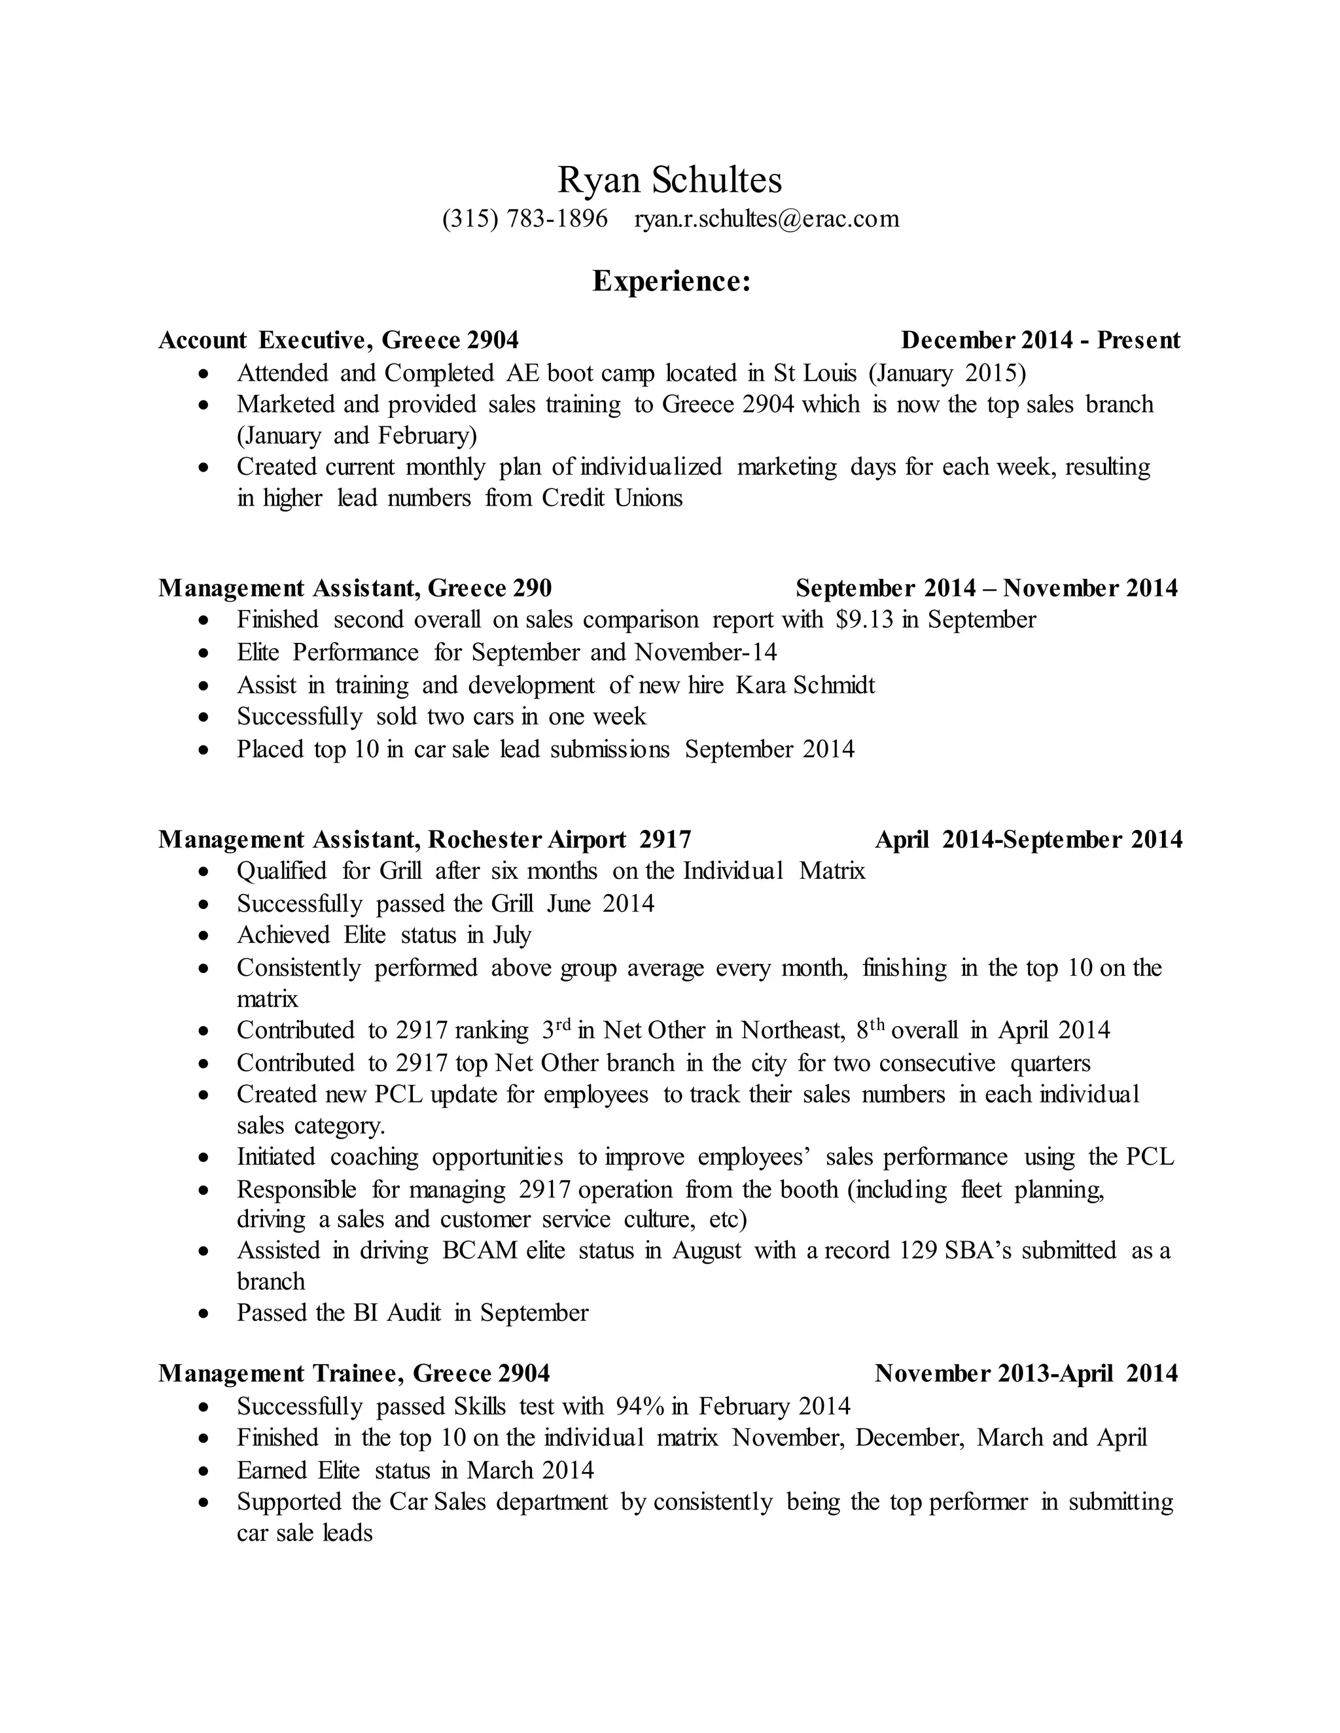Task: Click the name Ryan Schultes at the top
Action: [x=669, y=180]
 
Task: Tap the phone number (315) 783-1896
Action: [x=525, y=218]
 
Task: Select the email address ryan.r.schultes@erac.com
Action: [x=767, y=218]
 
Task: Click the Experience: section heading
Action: [x=671, y=282]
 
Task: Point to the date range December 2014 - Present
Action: [x=1041, y=341]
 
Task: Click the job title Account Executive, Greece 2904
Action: [x=338, y=341]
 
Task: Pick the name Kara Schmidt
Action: [x=805, y=685]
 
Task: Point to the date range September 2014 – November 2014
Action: [x=987, y=589]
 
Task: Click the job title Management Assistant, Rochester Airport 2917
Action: [x=425, y=840]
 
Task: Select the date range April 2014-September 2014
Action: [x=1029, y=840]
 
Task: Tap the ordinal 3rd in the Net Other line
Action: [x=557, y=1030]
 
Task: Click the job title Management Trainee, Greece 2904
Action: [x=354, y=1373]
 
